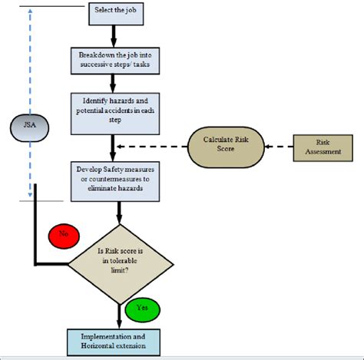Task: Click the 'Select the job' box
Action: (x=116, y=14)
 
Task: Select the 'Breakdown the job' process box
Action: (x=115, y=61)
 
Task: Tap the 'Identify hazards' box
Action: (x=115, y=114)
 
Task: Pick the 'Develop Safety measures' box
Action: (x=115, y=181)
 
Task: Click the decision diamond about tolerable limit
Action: (x=121, y=264)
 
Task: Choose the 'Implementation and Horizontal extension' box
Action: (x=114, y=342)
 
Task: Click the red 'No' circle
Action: (x=64, y=236)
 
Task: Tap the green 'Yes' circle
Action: (x=143, y=309)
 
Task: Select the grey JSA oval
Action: (x=30, y=127)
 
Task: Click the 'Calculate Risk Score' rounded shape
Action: (x=226, y=147)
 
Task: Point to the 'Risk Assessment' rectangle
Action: (x=323, y=148)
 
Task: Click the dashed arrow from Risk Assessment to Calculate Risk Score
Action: (x=279, y=147)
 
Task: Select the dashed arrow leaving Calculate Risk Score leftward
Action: (x=152, y=147)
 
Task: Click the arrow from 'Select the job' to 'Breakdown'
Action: (x=114, y=36)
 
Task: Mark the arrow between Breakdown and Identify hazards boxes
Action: (x=113, y=84)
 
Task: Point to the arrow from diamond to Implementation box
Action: (x=119, y=317)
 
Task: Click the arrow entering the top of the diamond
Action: (x=119, y=213)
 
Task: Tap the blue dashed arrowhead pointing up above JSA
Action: (x=30, y=11)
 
